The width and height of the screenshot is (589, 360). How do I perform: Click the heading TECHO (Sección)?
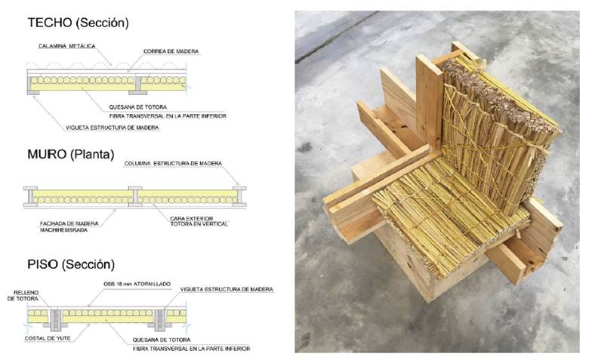tap(78, 23)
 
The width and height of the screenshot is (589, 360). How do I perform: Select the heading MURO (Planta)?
tap(71, 154)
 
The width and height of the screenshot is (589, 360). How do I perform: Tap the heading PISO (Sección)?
tap(71, 264)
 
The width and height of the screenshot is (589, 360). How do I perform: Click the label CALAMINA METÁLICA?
tap(67, 46)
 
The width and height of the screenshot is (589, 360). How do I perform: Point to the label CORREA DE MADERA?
tap(171, 51)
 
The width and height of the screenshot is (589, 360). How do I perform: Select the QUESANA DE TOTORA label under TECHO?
tap(138, 107)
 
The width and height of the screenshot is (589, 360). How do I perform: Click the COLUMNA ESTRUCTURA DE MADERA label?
tap(173, 164)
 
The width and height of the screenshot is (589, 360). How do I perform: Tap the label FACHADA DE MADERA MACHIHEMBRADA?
tap(69, 226)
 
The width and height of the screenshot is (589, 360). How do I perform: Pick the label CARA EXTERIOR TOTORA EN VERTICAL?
tap(199, 221)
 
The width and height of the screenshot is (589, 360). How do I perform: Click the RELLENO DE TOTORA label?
tap(23, 296)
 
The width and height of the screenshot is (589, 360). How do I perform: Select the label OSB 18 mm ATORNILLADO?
tap(137, 285)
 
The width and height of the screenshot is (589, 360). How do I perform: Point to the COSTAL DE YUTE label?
tap(48, 338)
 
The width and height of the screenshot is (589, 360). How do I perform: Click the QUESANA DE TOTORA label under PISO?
tap(162, 340)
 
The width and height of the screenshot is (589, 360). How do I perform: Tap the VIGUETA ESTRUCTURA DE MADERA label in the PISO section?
tap(227, 289)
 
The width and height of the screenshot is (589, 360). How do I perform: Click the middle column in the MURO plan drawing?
tap(135, 197)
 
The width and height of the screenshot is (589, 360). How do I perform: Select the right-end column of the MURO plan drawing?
tap(239, 197)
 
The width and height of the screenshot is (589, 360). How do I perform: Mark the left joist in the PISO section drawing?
tap(56, 319)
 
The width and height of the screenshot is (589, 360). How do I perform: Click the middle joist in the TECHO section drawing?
tap(138, 85)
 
